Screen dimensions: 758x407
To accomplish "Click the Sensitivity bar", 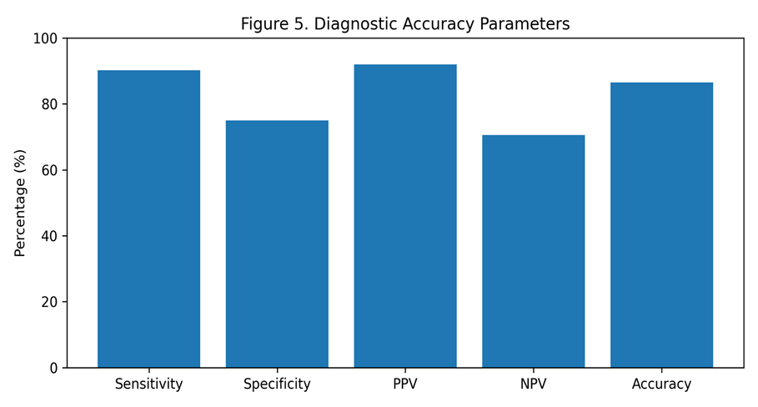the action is point(149,219).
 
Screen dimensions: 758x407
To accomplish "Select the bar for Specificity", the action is point(277,244).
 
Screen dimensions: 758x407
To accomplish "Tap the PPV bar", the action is point(405,216).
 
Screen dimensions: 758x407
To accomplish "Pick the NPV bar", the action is point(533,251).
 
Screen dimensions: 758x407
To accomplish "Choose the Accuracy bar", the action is point(661,225).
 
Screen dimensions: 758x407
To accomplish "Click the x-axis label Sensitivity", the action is point(149,384).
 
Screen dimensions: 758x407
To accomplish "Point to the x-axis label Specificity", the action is point(277,384).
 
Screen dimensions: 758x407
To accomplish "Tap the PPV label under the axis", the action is point(405,384).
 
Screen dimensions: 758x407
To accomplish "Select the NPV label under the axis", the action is point(533,384).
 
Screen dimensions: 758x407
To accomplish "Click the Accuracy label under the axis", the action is point(661,384).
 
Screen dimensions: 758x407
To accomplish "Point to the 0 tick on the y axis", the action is point(53,369).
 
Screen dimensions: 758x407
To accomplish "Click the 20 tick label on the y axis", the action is point(49,302).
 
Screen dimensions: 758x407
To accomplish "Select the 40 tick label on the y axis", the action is point(49,236).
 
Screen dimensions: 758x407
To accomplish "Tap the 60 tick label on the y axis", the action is point(49,170).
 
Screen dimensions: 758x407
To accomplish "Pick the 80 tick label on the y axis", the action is point(49,104).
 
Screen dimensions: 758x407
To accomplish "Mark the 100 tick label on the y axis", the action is point(45,38).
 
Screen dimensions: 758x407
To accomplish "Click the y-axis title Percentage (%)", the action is point(20,203).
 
